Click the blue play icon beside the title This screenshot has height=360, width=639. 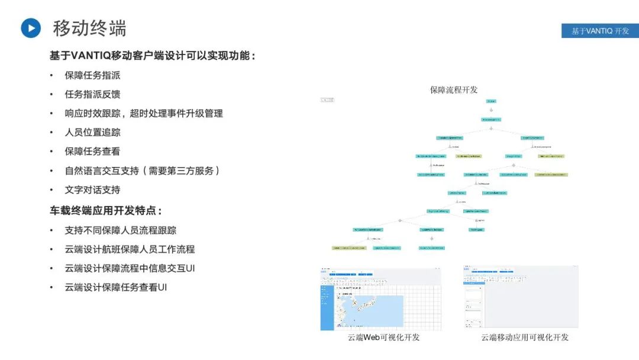point(31,28)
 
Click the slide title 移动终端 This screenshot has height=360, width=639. point(89,28)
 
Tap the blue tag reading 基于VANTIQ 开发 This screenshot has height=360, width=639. point(600,31)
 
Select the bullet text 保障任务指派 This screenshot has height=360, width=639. point(92,75)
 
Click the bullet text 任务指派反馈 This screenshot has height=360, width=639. point(92,94)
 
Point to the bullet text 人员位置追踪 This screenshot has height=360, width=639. point(92,132)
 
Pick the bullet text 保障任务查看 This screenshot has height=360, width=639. point(92,151)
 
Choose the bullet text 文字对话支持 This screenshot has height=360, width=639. point(92,189)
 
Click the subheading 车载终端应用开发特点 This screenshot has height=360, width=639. point(105,210)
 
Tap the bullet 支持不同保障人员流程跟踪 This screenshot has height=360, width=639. point(120,230)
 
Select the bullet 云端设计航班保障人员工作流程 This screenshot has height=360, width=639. point(130,249)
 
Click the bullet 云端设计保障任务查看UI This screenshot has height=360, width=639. point(115,287)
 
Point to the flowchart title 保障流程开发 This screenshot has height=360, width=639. point(454,90)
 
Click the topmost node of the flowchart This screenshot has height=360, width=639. point(491,101)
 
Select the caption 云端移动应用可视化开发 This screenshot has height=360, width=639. point(524,337)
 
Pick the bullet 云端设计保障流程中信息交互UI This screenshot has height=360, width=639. point(130,268)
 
